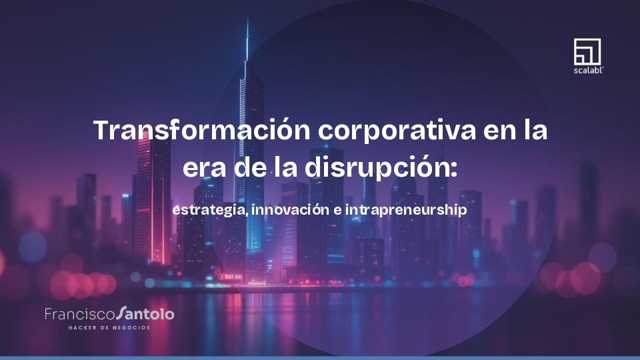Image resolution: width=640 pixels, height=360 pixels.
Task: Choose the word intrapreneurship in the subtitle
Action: (x=407, y=209)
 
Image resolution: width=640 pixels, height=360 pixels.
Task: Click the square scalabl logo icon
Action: (x=587, y=51)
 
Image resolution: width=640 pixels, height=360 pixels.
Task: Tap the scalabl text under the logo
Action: (x=587, y=69)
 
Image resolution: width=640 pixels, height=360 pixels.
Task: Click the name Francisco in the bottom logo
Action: (x=79, y=313)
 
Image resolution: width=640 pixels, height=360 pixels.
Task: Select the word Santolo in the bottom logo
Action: (x=145, y=313)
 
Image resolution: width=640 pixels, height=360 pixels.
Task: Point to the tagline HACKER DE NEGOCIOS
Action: (x=109, y=327)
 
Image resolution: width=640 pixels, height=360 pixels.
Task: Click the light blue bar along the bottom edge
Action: (x=320, y=357)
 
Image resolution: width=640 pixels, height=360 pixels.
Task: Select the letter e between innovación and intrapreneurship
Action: (x=337, y=210)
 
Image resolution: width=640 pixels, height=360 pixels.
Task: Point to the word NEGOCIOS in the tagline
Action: (x=131, y=327)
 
